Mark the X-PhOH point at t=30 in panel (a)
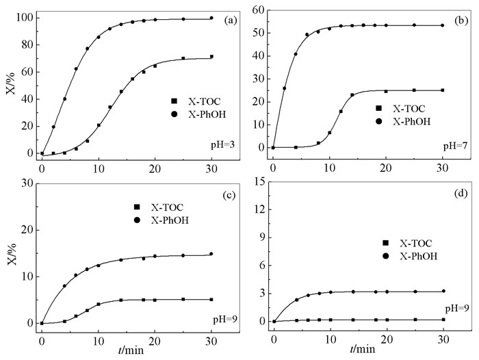[x=211, y=18]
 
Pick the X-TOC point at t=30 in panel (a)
[x=211, y=57]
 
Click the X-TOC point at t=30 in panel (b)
[x=443, y=90]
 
